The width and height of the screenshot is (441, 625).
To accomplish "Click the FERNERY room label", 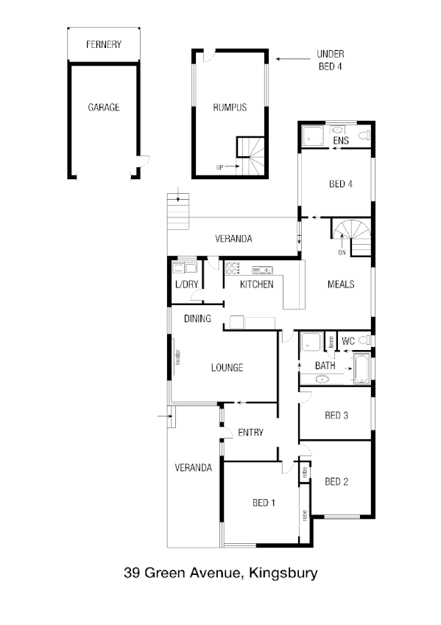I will coord(103,45).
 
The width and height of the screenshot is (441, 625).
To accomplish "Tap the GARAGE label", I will coord(103,107).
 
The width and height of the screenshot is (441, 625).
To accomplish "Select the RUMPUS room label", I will coord(230,108).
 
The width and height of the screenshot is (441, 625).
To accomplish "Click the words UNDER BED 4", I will coord(331,60).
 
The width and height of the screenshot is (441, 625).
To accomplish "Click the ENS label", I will coord(340,140).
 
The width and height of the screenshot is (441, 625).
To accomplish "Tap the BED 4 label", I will coord(340,184).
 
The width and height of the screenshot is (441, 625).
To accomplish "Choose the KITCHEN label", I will coord(257,284).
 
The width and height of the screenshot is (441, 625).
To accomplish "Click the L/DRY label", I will coord(184,284).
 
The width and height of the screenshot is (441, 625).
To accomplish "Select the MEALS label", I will coord(341,284).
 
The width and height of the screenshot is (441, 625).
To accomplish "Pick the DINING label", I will coord(198,319).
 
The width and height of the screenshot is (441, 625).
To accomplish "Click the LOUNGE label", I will coord(227,368).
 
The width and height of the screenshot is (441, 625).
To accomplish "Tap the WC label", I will coord(348,342).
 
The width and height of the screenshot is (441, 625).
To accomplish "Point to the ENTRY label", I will coord(250,433).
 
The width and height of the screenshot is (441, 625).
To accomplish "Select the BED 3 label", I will coord(336,416).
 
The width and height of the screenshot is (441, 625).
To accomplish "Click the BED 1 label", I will coord(264,503).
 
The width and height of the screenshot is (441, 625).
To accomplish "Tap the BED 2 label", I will coord(336,482).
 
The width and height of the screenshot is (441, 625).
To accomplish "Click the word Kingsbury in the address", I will coord(283,573).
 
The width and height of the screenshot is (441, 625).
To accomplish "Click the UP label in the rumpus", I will coord(219,167).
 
